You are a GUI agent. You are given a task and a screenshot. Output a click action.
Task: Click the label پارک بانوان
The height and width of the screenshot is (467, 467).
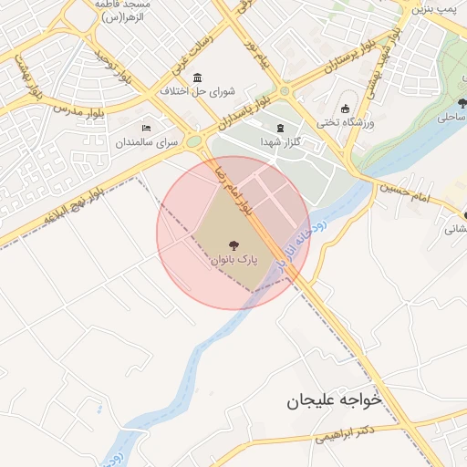(234, 259)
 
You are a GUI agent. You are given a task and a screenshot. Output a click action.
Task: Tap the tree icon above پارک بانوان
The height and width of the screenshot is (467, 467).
(234, 244)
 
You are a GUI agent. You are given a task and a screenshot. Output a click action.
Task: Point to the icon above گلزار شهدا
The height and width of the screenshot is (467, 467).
(280, 127)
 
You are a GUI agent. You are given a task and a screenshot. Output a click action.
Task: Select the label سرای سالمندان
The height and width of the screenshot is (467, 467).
(145, 143)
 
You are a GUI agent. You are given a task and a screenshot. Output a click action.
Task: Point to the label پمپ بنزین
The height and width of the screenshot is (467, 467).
(432, 8)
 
